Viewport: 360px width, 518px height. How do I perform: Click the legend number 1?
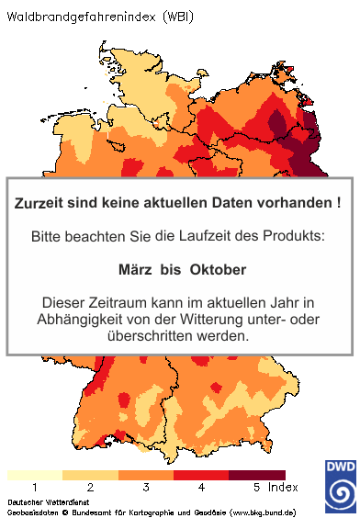click(35, 486)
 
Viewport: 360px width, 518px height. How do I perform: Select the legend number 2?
click(90, 486)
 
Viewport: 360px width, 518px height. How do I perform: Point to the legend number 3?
click(146, 486)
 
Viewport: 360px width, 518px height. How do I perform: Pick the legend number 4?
click(201, 486)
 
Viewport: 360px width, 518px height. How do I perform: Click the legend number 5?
click(256, 486)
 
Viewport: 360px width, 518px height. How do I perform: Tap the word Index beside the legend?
click(285, 486)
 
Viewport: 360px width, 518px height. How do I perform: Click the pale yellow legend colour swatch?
click(35, 474)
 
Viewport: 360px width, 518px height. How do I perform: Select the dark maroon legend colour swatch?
click(256, 474)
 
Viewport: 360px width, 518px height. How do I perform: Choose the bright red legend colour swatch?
click(201, 474)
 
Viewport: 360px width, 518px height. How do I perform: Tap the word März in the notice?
click(137, 270)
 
